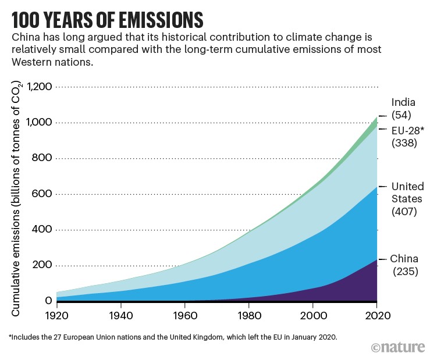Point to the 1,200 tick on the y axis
point(36,87)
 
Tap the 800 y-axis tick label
point(42,158)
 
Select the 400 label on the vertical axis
point(42,230)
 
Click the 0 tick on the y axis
point(49,301)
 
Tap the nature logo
point(399,347)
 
